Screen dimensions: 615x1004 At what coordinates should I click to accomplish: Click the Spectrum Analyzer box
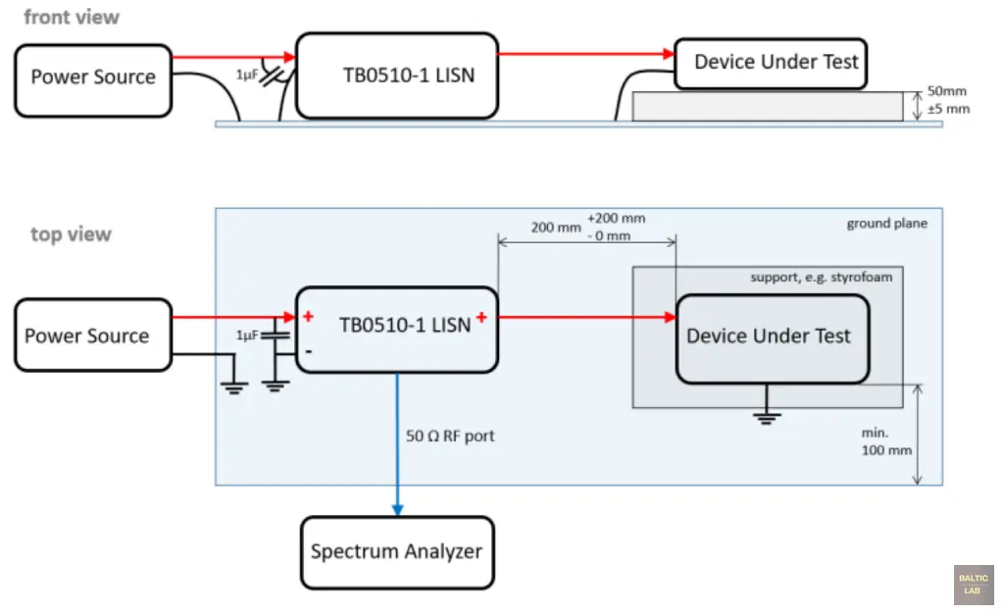pos(396,551)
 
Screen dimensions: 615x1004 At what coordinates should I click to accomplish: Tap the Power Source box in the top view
pos(87,336)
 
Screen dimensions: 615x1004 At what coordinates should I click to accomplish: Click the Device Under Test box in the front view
pos(776,63)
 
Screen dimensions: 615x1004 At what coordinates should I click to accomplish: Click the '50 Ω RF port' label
pos(450,436)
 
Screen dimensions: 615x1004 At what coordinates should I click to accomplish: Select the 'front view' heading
pos(72,17)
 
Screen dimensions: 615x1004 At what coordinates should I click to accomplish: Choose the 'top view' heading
pos(71,234)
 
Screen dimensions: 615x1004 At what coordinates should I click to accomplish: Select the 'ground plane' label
pos(886,224)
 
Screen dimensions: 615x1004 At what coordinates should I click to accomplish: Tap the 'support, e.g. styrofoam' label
pos(822,278)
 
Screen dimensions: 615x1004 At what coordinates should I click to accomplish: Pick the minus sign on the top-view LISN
pos(308,350)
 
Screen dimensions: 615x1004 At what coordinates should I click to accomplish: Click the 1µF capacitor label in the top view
pos(246,335)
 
